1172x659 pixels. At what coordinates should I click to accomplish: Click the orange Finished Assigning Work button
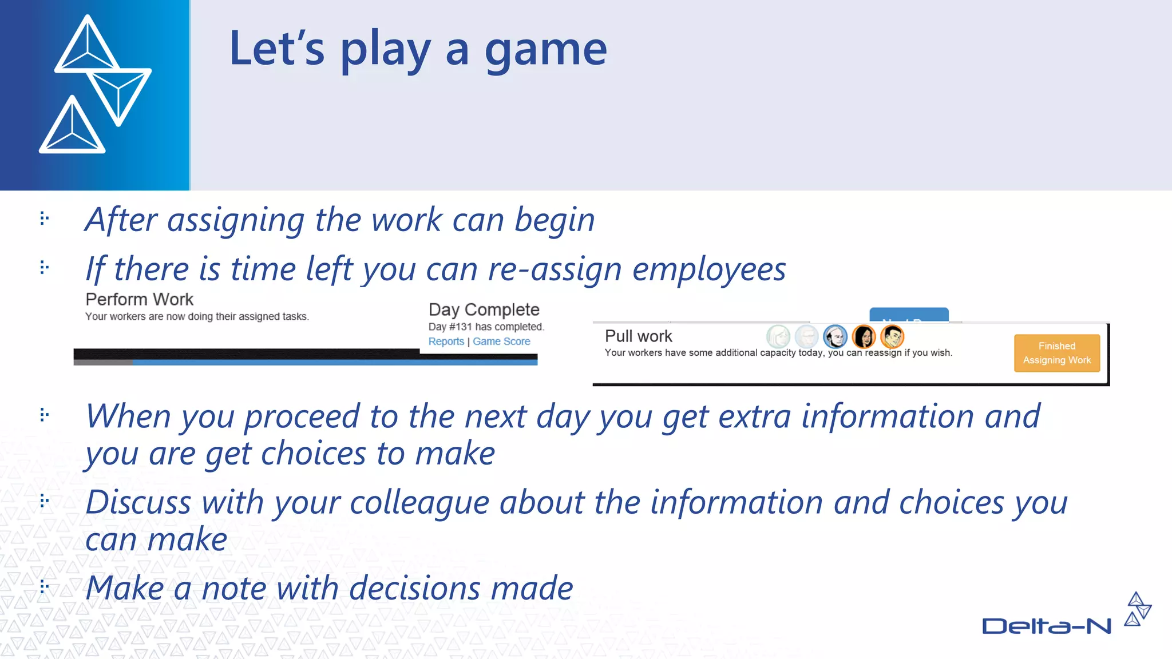pos(1056,353)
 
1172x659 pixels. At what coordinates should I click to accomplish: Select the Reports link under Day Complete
pos(446,342)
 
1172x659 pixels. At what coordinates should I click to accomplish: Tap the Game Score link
pos(501,342)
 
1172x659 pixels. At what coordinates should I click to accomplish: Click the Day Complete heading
pos(484,309)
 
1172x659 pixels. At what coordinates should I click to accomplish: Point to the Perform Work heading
pos(139,299)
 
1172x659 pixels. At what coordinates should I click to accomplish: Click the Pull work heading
pos(638,336)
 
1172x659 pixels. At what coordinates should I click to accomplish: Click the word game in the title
pos(545,50)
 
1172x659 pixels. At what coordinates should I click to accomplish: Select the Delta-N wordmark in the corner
pos(1046,626)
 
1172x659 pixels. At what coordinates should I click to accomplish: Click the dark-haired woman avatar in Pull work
pos(864,336)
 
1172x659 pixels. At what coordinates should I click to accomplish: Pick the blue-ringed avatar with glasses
pos(835,336)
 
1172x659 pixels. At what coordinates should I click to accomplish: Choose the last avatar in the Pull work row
pos(892,336)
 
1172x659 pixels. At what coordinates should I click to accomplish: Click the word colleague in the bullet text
pos(419,502)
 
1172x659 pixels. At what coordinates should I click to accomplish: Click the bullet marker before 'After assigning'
pos(44,218)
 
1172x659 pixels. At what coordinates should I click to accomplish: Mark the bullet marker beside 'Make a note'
pos(44,586)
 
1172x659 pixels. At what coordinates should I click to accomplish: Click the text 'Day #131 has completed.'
pos(486,327)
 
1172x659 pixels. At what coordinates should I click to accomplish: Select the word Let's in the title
pos(277,49)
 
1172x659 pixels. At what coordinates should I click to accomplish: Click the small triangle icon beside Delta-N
pos(1137,609)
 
